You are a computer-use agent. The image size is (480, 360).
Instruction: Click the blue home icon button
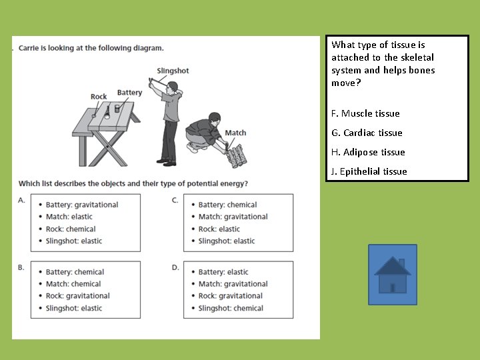[393, 275]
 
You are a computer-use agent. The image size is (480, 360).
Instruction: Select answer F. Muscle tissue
[365, 113]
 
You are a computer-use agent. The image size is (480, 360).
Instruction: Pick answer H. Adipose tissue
[368, 152]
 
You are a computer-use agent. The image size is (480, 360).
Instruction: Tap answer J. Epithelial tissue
[369, 171]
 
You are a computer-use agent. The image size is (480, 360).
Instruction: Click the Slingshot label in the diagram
[173, 71]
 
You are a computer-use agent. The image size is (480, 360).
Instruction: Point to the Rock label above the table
[99, 97]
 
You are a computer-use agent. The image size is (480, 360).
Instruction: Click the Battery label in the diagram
[129, 93]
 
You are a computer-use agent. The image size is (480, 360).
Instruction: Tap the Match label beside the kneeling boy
[235, 133]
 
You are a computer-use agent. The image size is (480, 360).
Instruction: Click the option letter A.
[22, 199]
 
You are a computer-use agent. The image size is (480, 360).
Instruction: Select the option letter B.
[21, 267]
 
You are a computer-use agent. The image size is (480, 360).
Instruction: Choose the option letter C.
[175, 199]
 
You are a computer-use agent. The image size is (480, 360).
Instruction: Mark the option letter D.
[175, 267]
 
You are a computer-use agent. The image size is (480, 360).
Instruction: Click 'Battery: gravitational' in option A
[82, 205]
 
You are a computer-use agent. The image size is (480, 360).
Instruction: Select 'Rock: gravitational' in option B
[77, 296]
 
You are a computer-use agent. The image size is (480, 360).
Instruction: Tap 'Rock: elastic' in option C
[219, 229]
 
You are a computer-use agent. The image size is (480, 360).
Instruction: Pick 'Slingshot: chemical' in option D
[231, 308]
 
